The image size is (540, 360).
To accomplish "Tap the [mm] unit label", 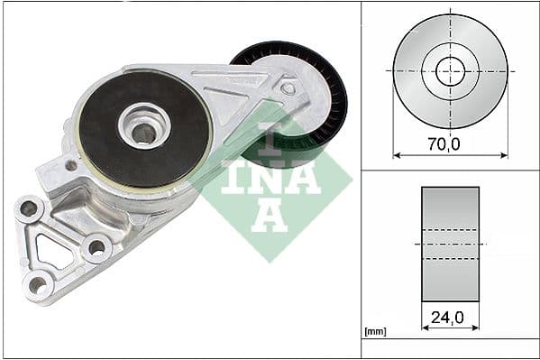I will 375,332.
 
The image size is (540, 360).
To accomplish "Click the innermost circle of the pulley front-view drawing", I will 450,70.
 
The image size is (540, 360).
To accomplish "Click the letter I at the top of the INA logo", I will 269,143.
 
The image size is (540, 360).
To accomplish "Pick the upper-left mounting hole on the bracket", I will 30,208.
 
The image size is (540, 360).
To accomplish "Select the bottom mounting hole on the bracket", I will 38,285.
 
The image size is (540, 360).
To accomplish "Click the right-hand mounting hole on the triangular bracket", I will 96,246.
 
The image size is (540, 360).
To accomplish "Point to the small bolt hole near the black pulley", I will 288,88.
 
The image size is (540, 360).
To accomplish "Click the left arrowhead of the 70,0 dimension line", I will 397,154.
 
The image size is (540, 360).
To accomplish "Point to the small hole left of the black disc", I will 70,166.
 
